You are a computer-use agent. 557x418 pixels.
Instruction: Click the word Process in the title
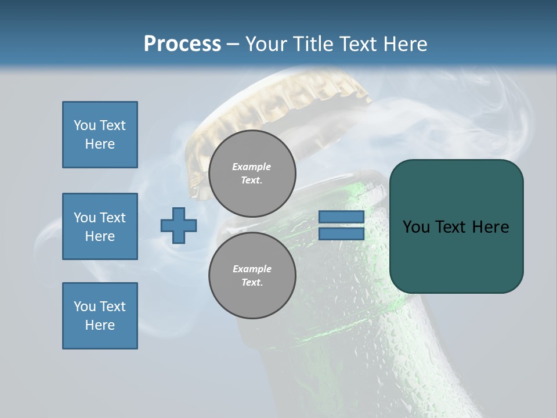point(182,44)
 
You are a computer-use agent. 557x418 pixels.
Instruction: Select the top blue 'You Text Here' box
point(100,135)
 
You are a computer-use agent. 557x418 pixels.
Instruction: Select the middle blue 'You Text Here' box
point(100,226)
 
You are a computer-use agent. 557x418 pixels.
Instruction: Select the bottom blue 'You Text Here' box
point(100,316)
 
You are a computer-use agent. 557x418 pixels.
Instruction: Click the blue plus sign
point(179,225)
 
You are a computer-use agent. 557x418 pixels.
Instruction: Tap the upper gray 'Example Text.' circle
point(252,174)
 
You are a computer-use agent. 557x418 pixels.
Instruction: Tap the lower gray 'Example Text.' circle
point(252,276)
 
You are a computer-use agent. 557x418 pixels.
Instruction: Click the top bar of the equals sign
point(341,217)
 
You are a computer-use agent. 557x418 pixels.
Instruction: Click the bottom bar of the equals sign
point(341,233)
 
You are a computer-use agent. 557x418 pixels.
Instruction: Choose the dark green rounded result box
point(456,226)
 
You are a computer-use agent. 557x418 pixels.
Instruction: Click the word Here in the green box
point(491,227)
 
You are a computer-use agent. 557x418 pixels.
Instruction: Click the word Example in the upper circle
point(252,167)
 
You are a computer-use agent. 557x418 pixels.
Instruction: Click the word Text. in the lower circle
point(252,283)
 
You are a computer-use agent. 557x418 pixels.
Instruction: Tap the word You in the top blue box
point(84,125)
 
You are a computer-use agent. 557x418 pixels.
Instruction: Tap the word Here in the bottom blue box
point(100,325)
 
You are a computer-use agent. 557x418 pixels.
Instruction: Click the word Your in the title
point(266,44)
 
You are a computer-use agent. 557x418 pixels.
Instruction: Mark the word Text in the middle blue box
point(112,218)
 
